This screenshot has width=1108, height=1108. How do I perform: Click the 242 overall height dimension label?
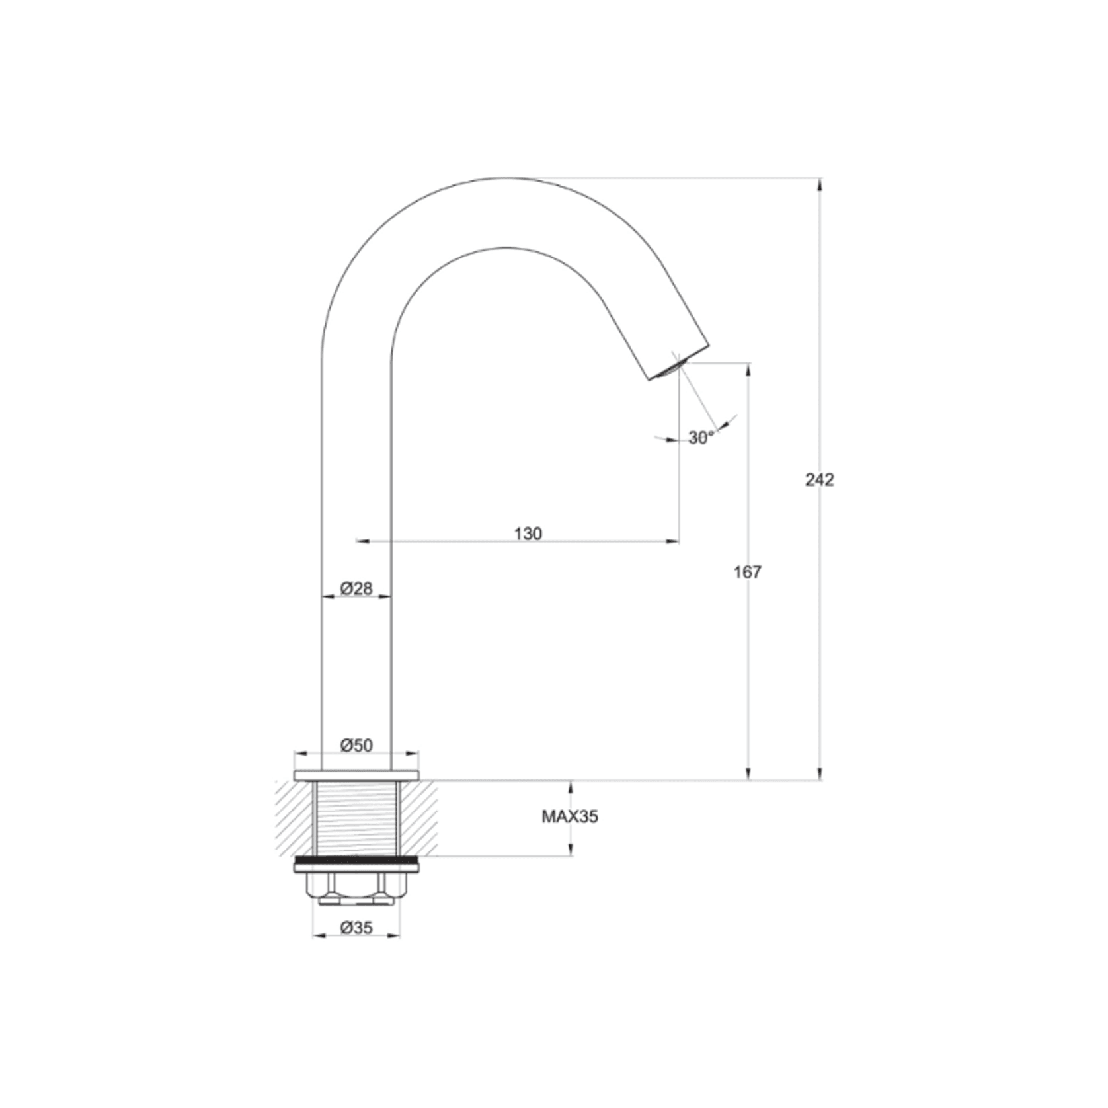[819, 480]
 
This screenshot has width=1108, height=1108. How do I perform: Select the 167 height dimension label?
[747, 572]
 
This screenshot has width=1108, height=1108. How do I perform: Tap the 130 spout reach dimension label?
[528, 534]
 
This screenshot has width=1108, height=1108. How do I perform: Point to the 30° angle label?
[701, 438]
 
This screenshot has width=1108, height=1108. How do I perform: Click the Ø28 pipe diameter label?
[356, 588]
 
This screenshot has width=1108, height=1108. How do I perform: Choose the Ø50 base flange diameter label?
[356, 746]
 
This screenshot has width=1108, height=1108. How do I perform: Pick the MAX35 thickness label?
[570, 817]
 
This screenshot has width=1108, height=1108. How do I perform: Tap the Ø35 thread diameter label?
[356, 928]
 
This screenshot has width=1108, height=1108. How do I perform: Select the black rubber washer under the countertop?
[356, 861]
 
